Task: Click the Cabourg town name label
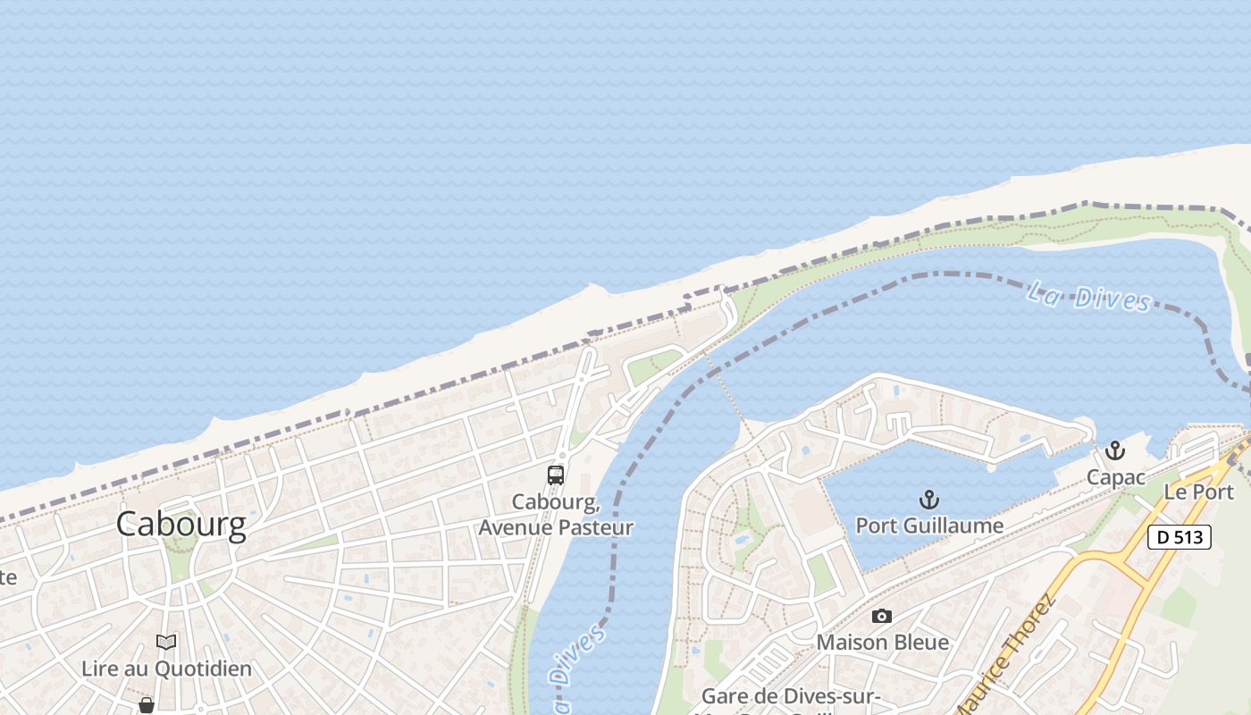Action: tap(181, 525)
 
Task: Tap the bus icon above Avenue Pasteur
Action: tap(556, 475)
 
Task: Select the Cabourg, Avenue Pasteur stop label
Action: tap(556, 515)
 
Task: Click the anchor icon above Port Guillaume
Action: tap(929, 499)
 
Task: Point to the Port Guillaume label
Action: tap(929, 526)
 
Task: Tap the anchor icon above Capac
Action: tap(1114, 450)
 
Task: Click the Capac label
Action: tap(1115, 477)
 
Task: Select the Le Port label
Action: tap(1198, 492)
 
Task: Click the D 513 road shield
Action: tap(1179, 537)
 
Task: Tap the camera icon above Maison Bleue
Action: tap(882, 616)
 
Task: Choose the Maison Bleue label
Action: tap(882, 643)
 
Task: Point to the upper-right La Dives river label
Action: tap(1088, 297)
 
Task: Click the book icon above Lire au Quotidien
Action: tap(166, 642)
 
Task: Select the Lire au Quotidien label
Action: tap(166, 669)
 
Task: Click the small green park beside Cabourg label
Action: tap(179, 563)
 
